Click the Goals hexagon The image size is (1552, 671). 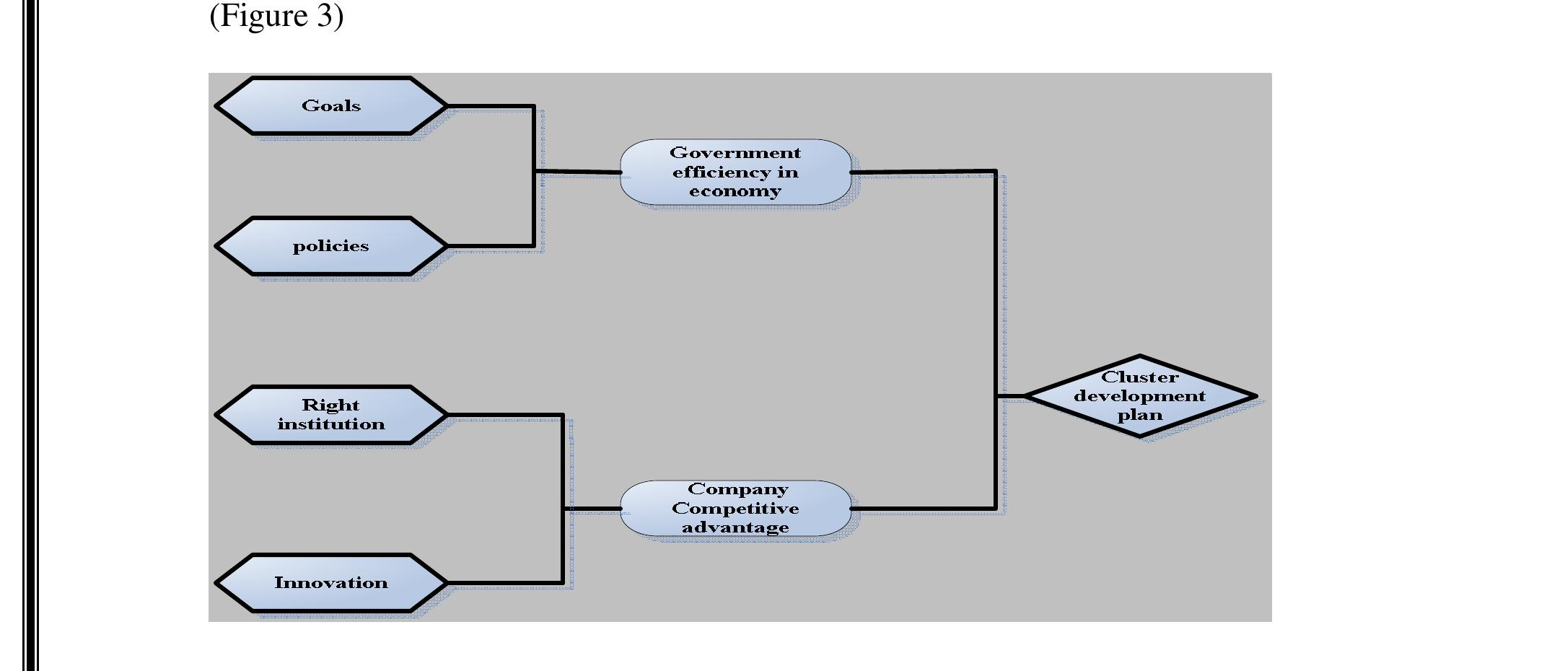pos(331,106)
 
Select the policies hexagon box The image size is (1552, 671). pos(331,246)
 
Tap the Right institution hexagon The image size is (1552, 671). pos(331,415)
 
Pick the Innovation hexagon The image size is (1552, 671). pos(331,583)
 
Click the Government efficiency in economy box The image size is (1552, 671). pos(735,172)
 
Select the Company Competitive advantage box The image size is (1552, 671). pos(735,508)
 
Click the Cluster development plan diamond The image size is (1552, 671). pos(1140,396)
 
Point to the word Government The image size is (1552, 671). pos(735,153)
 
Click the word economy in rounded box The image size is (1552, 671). pos(735,191)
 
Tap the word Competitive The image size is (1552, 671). pos(735,508)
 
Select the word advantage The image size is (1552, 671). pos(735,527)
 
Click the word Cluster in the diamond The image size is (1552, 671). pos(1139,377)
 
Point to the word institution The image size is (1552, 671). pos(331,424)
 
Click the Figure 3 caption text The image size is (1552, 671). pos(276,15)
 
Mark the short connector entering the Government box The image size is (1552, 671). pos(577,172)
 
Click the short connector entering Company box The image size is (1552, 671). pos(592,509)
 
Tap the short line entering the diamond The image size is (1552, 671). pos(1010,396)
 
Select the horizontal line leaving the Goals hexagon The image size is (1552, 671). pos(491,106)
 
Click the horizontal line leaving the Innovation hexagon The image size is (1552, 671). pos(505,582)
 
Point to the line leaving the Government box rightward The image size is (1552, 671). pos(924,172)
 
